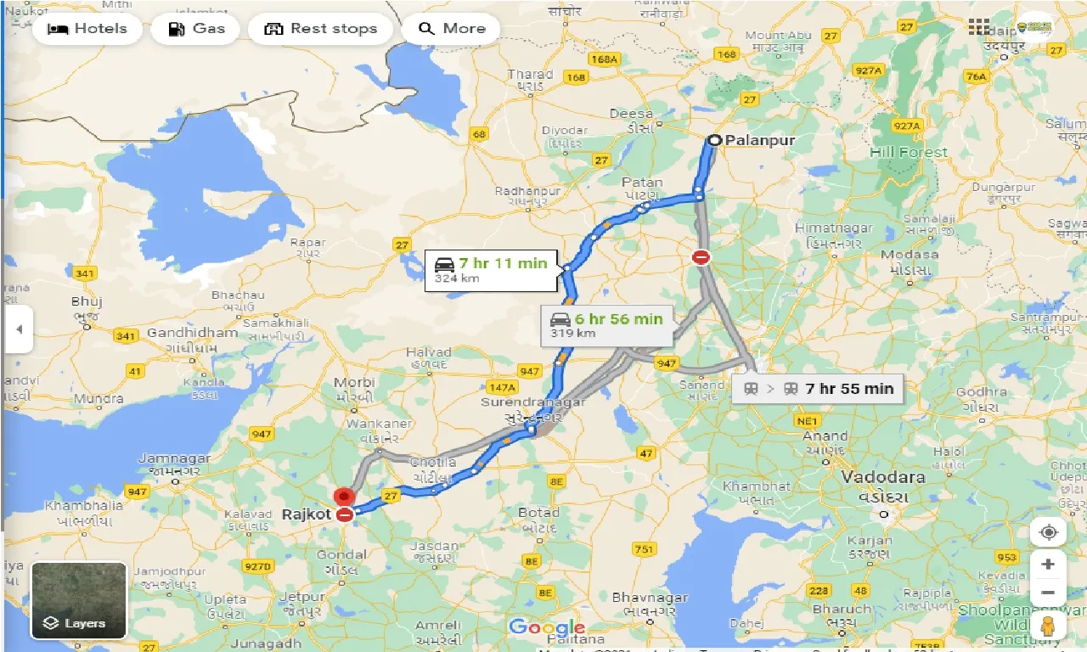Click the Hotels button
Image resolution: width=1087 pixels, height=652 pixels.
pyautogui.click(x=87, y=29)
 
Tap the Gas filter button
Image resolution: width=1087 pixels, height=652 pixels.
pyautogui.click(x=197, y=29)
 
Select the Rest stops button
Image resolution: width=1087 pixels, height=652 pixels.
pyautogui.click(x=321, y=29)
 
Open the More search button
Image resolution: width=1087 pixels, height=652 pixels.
pyautogui.click(x=451, y=29)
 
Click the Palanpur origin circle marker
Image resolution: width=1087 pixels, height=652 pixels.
pyautogui.click(x=716, y=141)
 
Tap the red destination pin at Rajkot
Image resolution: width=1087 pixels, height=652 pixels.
pyautogui.click(x=343, y=497)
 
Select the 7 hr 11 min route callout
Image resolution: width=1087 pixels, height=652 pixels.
pyautogui.click(x=492, y=270)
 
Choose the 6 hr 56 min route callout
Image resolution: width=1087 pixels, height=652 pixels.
pyautogui.click(x=606, y=325)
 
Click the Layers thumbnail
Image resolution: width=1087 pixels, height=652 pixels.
pyautogui.click(x=79, y=600)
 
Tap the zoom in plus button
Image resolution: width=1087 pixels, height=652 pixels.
pyautogui.click(x=1049, y=565)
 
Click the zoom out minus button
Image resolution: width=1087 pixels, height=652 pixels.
pyautogui.click(x=1049, y=593)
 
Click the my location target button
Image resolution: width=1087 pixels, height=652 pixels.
pyautogui.click(x=1049, y=532)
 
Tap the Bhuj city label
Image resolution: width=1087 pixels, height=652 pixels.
pyautogui.click(x=87, y=301)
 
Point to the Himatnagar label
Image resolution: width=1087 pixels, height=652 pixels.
pyautogui.click(x=828, y=228)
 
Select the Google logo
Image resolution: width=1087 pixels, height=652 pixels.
pyautogui.click(x=547, y=628)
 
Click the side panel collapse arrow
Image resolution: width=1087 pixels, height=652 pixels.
pyautogui.click(x=18, y=329)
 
